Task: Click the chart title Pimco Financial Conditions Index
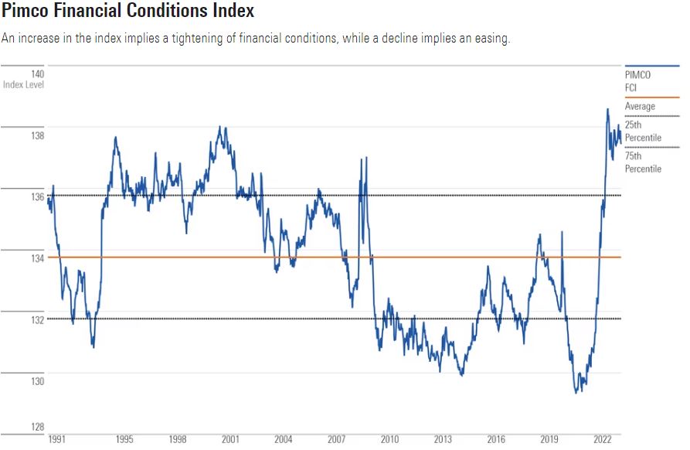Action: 127,12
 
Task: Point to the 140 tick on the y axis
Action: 37,73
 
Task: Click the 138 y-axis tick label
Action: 37,135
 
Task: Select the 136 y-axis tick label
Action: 37,197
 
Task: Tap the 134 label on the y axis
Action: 37,258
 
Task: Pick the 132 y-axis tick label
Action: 37,319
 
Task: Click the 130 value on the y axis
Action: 37,381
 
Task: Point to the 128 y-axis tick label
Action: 37,427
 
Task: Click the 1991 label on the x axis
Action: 56,439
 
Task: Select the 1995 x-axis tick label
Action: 124,439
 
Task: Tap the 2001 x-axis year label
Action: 230,439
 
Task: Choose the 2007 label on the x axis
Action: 336,439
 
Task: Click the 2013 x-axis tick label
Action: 442,439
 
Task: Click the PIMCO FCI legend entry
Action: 638,82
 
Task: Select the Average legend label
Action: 640,107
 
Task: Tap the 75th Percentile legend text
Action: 643,162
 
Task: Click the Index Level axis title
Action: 22,84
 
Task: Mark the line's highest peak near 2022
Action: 607,109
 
